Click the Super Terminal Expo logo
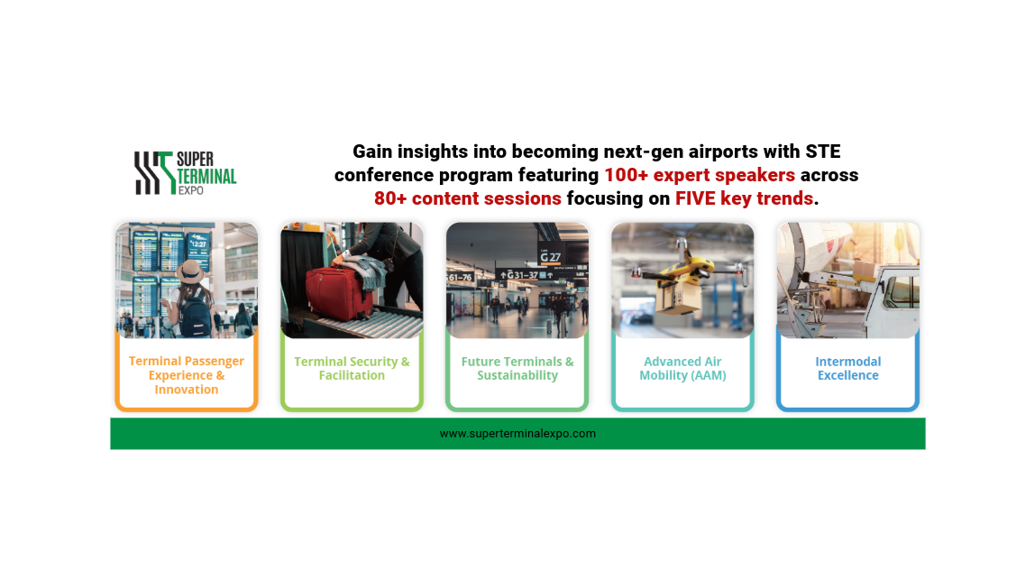(186, 173)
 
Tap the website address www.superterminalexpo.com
(517, 434)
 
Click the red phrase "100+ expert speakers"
(700, 175)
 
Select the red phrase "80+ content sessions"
(467, 198)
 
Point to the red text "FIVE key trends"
(744, 198)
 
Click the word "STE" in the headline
(822, 152)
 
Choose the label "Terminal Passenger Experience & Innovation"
(186, 375)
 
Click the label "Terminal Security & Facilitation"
(352, 368)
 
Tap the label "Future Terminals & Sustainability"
(517, 368)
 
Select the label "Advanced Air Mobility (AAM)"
(682, 368)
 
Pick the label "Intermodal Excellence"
(848, 368)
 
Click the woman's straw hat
(190, 271)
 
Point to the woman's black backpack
(196, 316)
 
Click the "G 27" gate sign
(550, 256)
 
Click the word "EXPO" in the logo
(191, 190)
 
